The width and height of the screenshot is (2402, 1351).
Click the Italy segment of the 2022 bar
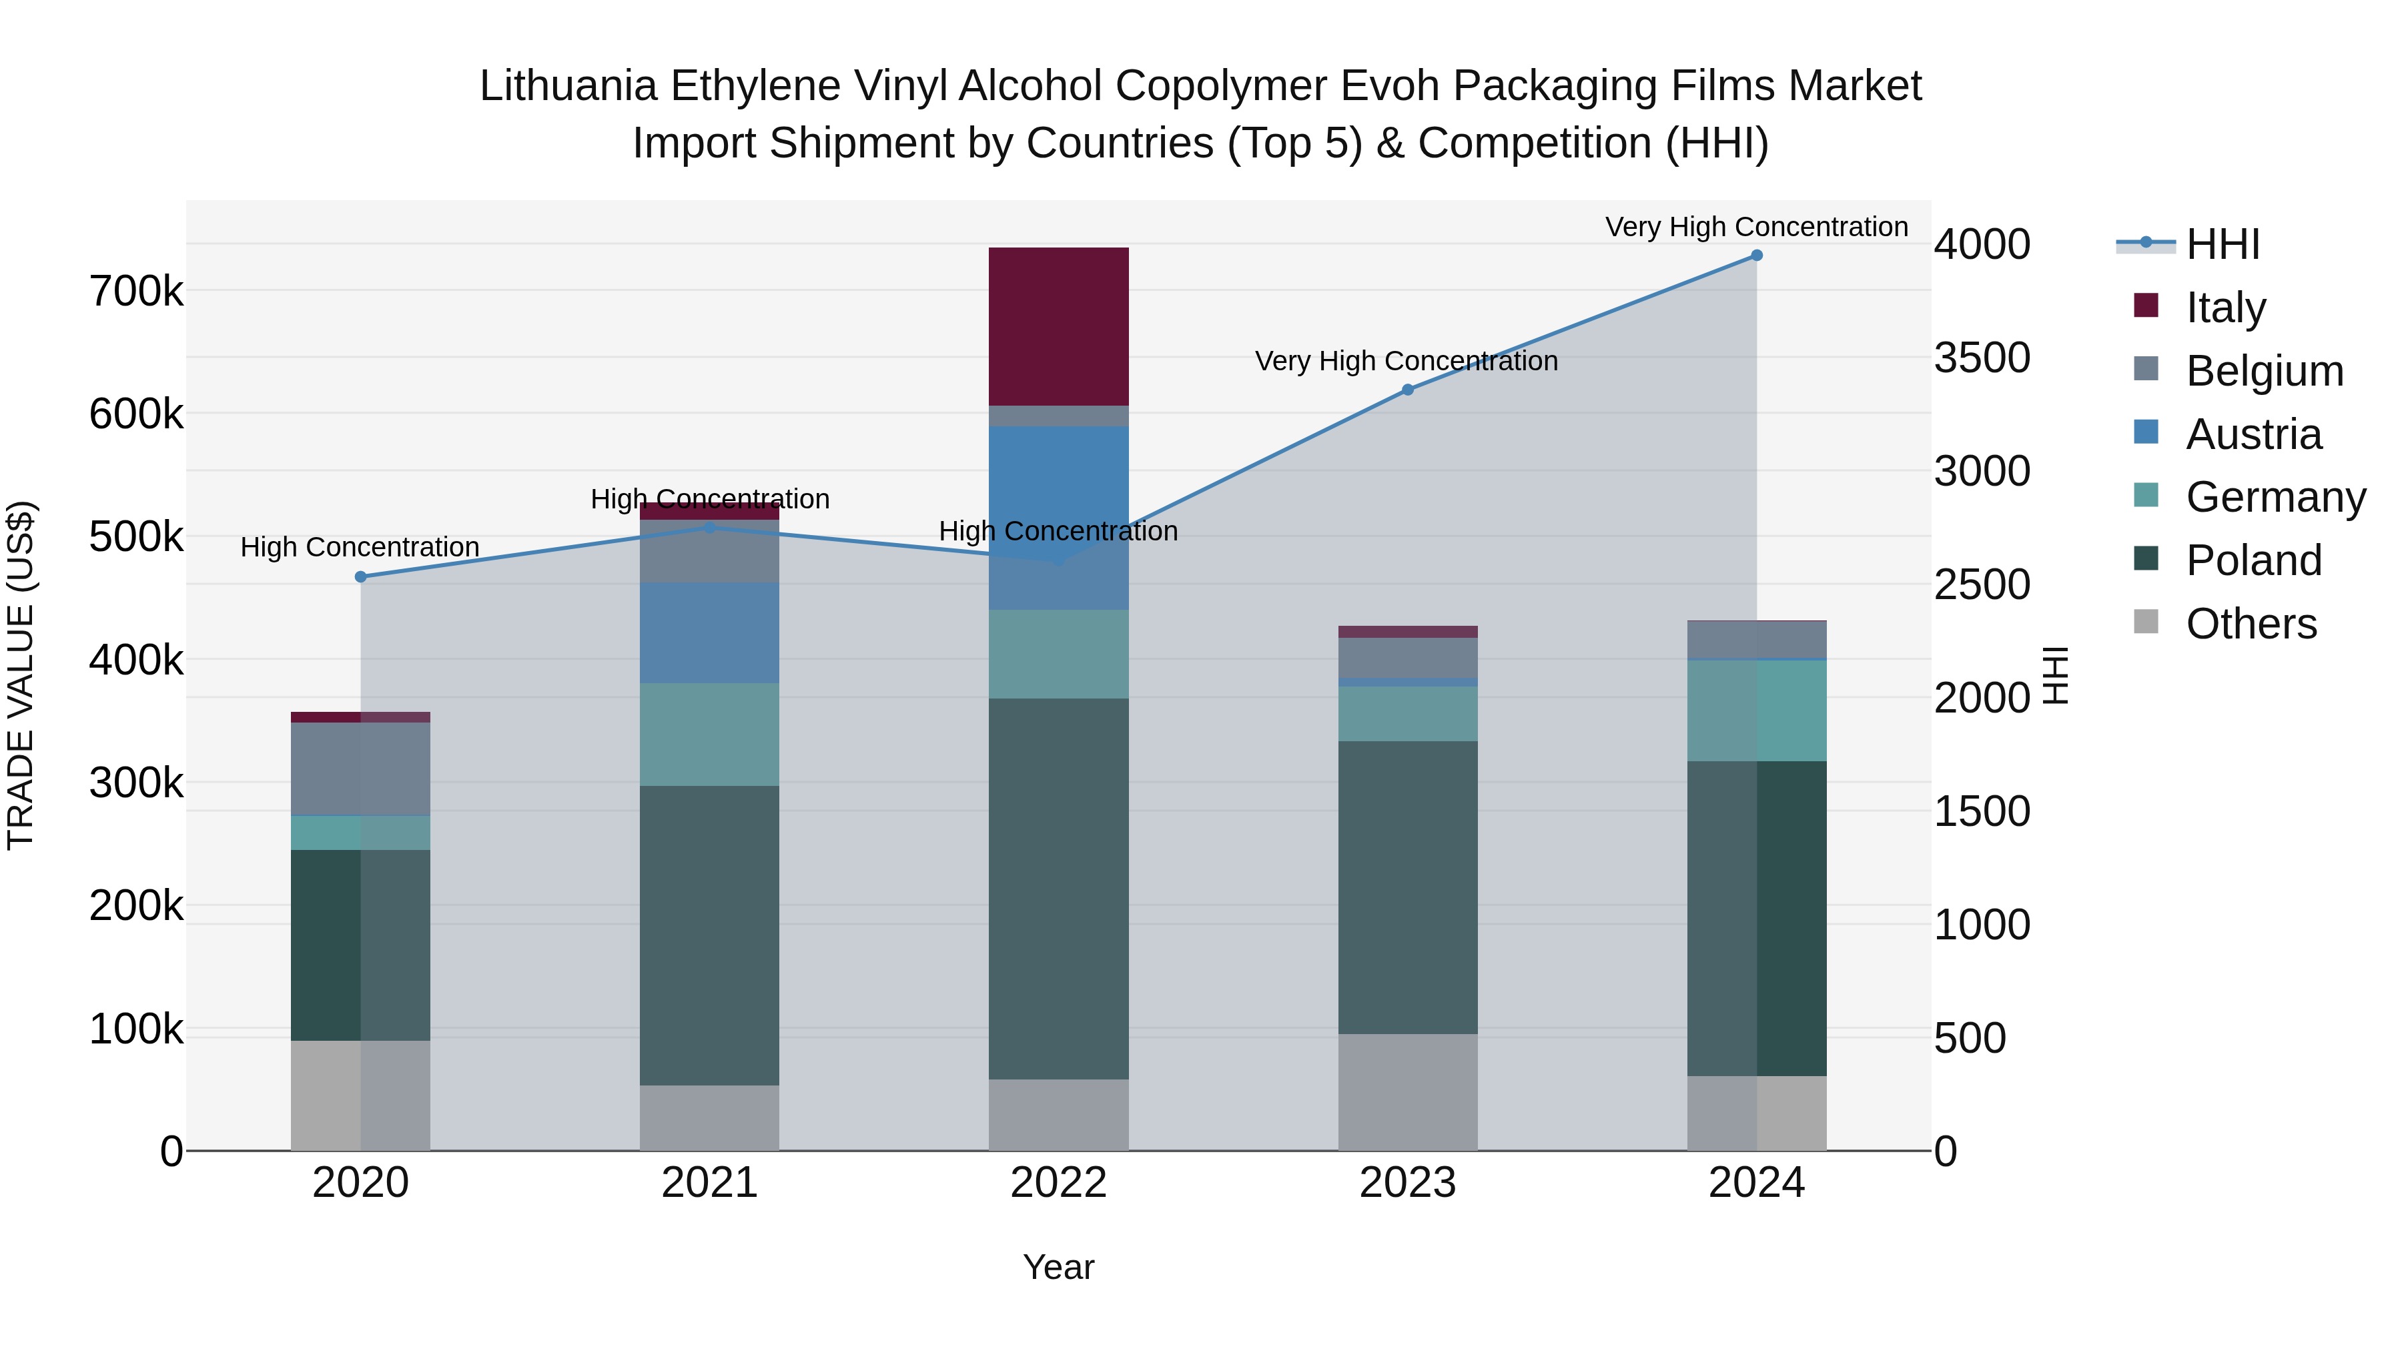click(1058, 326)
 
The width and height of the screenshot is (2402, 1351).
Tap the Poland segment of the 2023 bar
click(1407, 887)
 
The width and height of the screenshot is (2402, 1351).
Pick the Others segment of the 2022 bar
click(1058, 1114)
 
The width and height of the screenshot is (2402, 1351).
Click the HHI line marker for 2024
click(1756, 256)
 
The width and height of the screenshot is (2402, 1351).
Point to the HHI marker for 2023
click(1407, 390)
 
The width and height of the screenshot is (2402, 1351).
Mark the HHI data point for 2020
click(361, 577)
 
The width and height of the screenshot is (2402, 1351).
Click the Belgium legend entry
click(2264, 371)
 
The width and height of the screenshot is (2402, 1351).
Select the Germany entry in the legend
click(2275, 497)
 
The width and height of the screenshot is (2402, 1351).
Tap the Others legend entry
click(2251, 624)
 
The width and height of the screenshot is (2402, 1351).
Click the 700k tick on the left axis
click(136, 292)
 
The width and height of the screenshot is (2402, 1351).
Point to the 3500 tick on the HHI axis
click(1982, 358)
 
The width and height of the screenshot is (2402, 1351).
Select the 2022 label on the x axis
click(1058, 1183)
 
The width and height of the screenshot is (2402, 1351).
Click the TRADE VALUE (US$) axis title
click(21, 675)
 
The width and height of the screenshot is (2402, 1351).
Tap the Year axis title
click(1058, 1267)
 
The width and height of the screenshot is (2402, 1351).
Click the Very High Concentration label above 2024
click(1756, 228)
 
